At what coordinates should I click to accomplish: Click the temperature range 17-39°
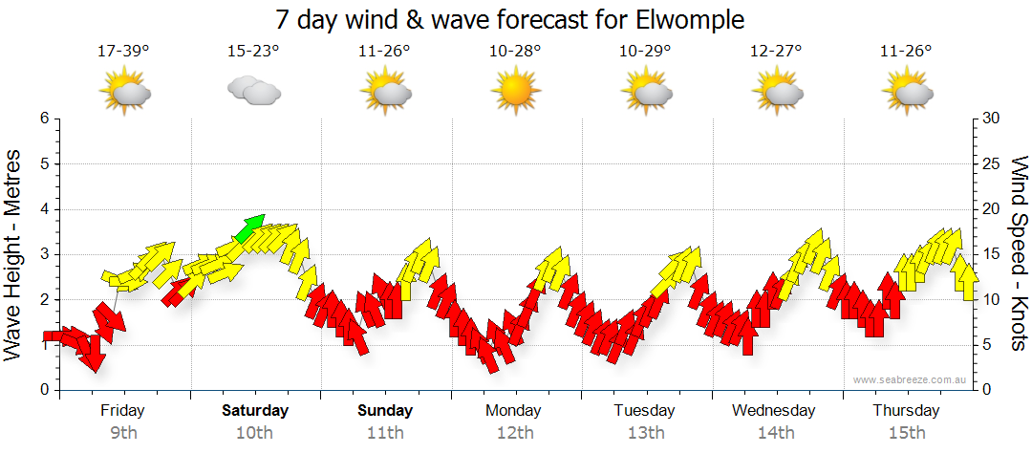coord(124,52)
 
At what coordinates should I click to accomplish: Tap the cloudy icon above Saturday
coord(253,91)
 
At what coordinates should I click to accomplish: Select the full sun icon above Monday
coord(515,91)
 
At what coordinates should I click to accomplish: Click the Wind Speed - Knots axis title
coord(1018,253)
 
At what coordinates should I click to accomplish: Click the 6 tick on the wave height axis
coord(44,119)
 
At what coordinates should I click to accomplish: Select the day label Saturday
coord(255,411)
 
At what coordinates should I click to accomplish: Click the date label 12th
coord(515,433)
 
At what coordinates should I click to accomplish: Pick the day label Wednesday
coord(774,411)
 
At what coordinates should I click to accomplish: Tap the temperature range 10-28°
coord(515,52)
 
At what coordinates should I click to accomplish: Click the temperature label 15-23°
coord(254,52)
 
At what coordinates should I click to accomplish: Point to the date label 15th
coord(907,433)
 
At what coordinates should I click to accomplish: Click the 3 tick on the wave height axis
coord(44,254)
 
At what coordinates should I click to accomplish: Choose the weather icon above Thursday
coord(907,91)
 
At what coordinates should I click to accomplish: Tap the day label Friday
coord(123,411)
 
